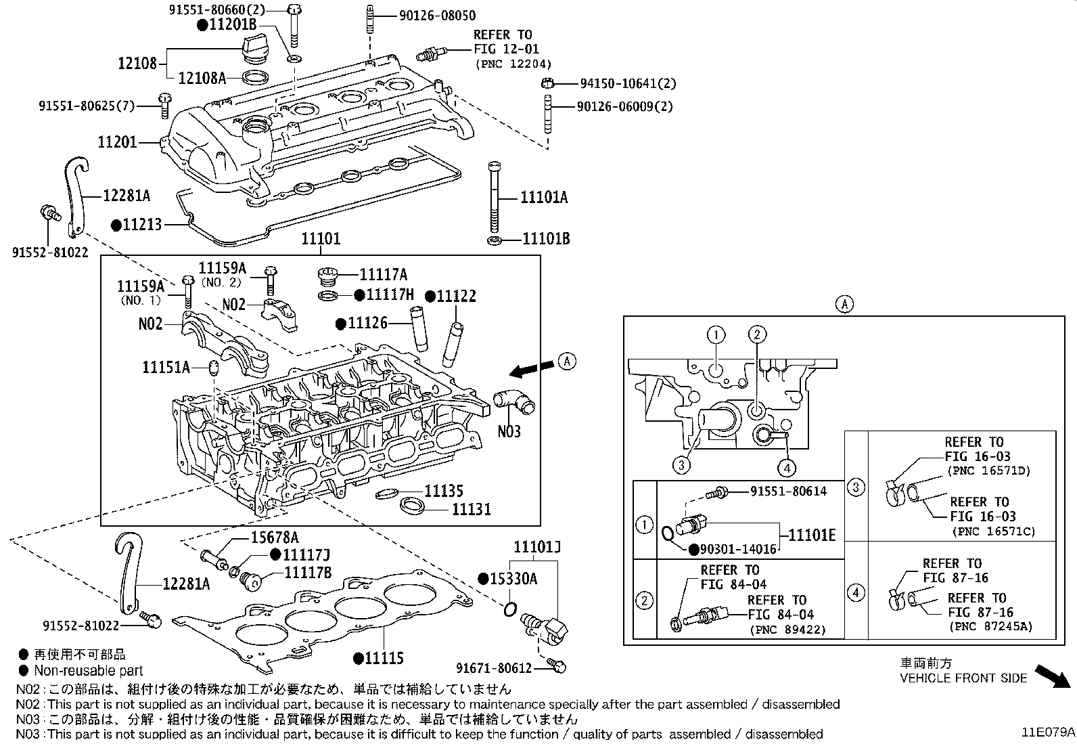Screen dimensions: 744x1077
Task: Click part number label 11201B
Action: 232,25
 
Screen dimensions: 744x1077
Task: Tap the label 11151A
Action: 166,367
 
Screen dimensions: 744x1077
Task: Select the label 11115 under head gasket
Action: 383,657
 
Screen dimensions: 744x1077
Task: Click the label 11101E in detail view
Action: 812,535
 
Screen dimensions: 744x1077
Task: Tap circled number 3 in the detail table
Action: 856,487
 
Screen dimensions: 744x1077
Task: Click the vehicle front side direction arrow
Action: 1052,675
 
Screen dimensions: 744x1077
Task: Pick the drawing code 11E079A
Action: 1048,732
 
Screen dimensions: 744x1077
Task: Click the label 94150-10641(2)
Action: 627,83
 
